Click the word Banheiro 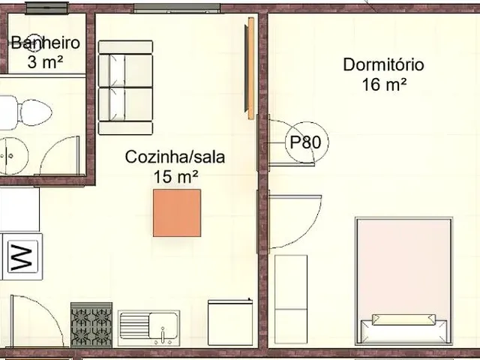click(x=46, y=43)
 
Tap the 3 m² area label click(x=45, y=62)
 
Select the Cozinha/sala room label click(x=175, y=157)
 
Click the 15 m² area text click(x=175, y=177)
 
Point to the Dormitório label click(x=383, y=64)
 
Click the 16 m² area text click(x=384, y=85)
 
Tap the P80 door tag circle click(x=307, y=142)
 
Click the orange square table click(x=177, y=213)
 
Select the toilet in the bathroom click(x=26, y=112)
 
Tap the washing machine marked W click(x=22, y=256)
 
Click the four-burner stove click(x=91, y=325)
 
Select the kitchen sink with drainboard click(x=148, y=328)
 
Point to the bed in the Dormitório click(x=403, y=281)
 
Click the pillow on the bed click(x=403, y=319)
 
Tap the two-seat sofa click(x=125, y=88)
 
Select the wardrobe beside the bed click(x=291, y=299)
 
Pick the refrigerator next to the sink click(x=230, y=322)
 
